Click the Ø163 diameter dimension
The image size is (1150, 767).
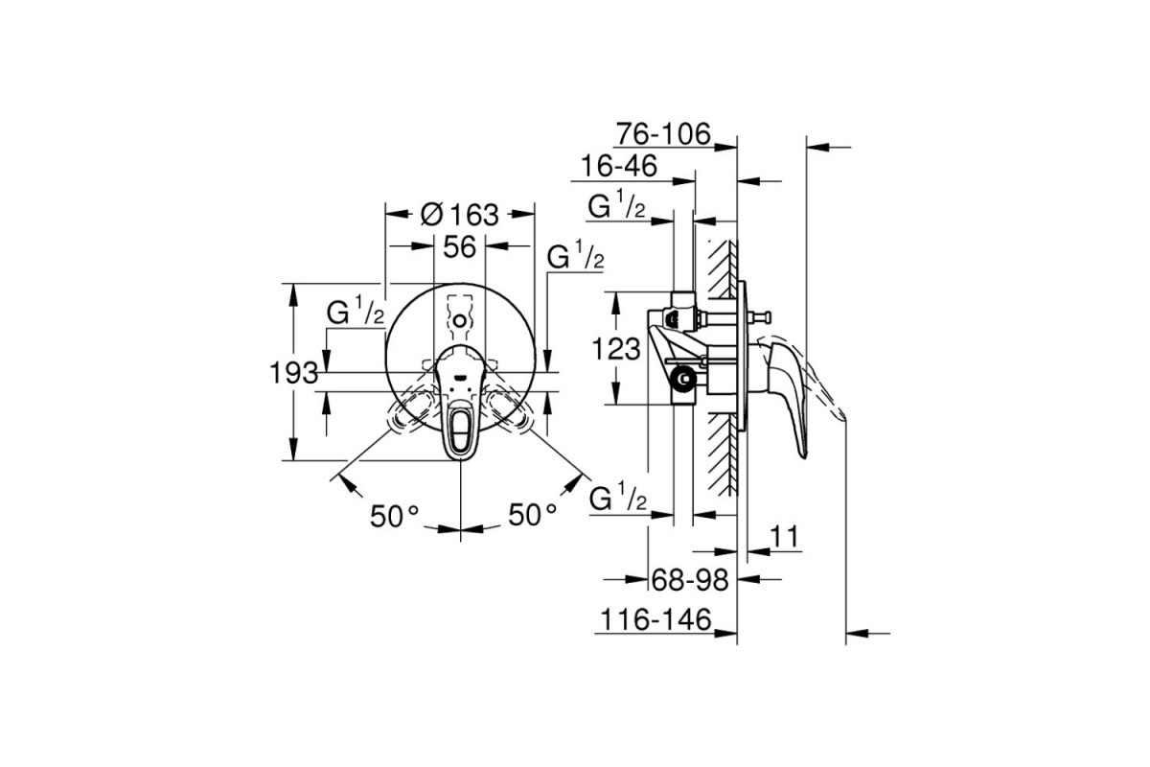pos(459,216)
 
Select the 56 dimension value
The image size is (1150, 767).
pos(459,247)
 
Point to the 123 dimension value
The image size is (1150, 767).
pos(616,349)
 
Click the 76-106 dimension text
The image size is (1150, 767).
pos(663,134)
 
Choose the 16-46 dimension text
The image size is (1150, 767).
pos(619,167)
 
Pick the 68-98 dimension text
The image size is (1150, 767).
pos(690,580)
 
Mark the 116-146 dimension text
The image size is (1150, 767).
pos(655,619)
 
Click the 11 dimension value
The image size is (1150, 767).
pos(785,537)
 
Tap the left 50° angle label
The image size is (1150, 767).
pos(394,516)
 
